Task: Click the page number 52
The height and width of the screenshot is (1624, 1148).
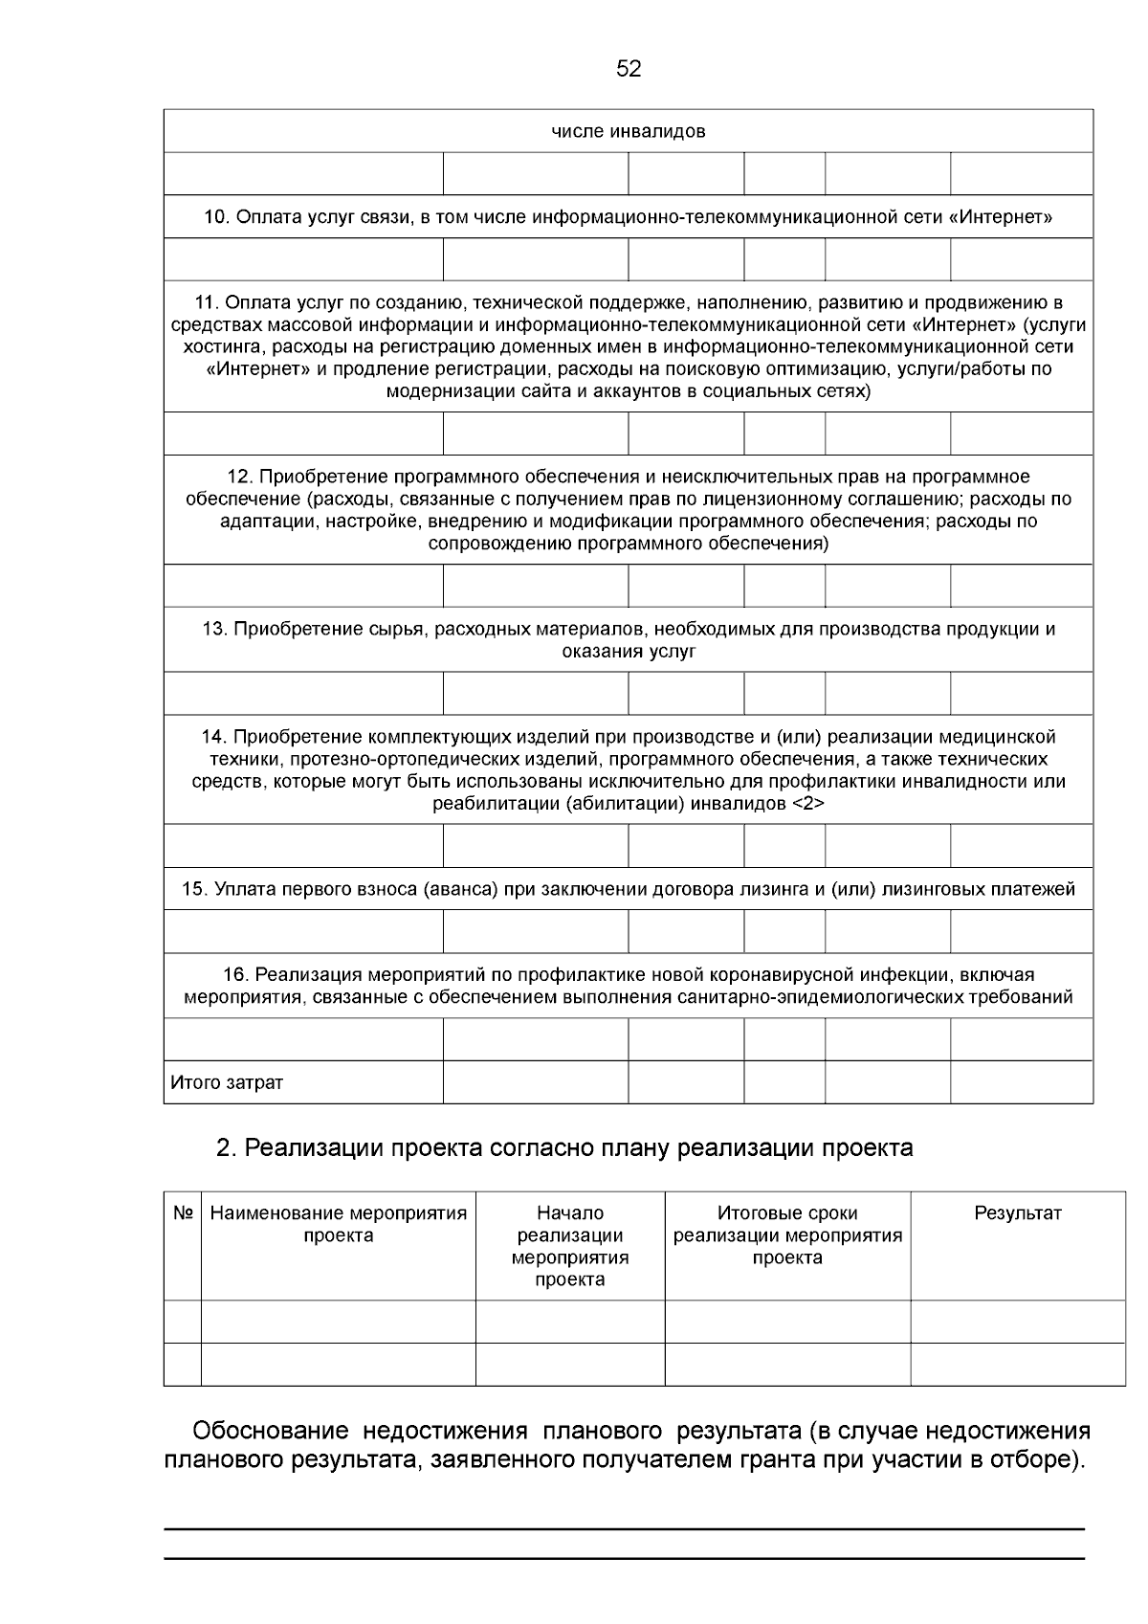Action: tap(629, 69)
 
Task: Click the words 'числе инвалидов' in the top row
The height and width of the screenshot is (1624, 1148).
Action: tap(629, 131)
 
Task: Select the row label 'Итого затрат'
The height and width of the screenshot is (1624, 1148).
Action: tap(227, 1083)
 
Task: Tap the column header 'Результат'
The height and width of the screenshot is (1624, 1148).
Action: tap(1017, 1213)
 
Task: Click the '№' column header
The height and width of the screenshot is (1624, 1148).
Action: tap(183, 1213)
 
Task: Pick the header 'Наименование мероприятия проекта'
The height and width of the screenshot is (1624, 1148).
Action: tap(338, 1224)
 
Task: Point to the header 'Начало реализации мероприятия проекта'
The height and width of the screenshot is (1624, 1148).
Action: tap(570, 1246)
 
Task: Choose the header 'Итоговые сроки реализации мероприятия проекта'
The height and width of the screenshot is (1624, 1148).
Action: tap(787, 1235)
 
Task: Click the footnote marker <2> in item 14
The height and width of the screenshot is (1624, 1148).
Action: tap(808, 804)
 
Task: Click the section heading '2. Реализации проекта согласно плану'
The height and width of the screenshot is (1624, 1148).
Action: tap(564, 1147)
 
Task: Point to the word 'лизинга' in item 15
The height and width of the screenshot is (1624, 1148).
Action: tap(777, 890)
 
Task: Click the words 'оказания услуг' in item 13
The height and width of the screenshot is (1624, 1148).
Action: tap(629, 652)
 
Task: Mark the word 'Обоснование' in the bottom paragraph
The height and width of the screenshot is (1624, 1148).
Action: tap(270, 1432)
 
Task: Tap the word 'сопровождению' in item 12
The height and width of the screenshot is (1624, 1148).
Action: tap(493, 544)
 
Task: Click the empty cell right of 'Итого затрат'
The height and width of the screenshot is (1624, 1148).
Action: tap(535, 1083)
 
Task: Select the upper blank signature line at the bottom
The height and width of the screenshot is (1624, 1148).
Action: tap(624, 1529)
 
